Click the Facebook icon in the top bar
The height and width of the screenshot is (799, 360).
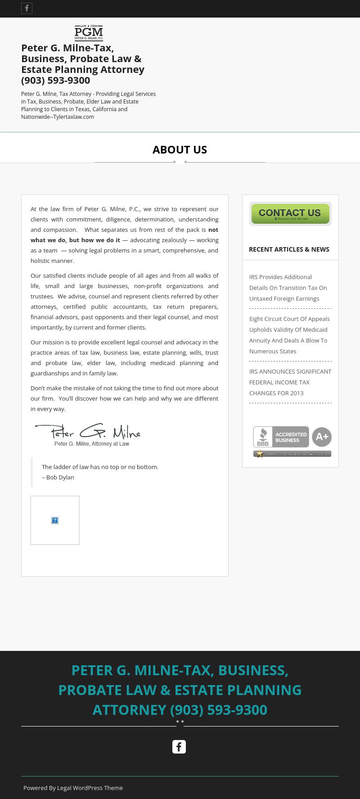[27, 9]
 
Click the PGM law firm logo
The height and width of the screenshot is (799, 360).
[89, 33]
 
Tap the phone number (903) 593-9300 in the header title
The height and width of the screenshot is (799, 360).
[56, 80]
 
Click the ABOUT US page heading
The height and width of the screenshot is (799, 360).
[180, 149]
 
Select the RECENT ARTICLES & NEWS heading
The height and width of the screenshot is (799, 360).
[289, 249]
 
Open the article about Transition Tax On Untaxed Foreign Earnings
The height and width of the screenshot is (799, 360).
[288, 288]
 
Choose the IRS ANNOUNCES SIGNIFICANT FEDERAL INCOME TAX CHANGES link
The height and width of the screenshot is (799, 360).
[290, 382]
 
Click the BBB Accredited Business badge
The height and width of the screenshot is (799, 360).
[281, 437]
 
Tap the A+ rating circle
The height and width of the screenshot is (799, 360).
[322, 437]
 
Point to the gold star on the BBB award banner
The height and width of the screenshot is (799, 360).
[260, 454]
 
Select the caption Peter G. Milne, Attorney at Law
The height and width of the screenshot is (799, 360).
[92, 444]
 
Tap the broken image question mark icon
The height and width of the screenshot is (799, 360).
[55, 520]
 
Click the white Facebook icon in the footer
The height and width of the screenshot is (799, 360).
[179, 747]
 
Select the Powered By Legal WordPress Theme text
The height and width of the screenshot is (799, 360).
[73, 788]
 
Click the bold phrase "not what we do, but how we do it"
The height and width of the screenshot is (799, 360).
[76, 240]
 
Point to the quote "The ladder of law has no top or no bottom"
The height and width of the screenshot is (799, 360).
[100, 467]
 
